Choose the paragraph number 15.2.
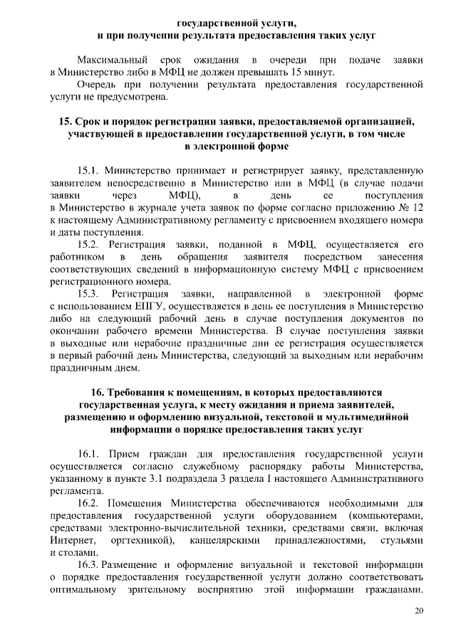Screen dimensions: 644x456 89,244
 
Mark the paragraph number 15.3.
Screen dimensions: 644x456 89,293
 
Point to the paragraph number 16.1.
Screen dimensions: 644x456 89,453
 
